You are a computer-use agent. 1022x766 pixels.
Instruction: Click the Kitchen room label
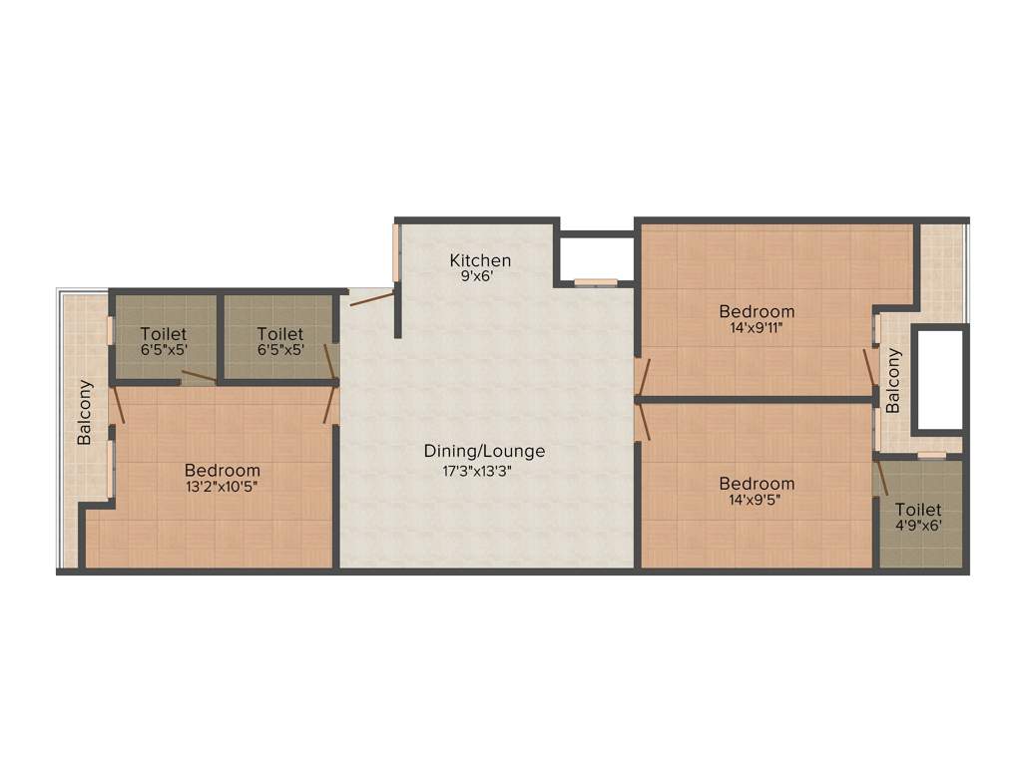tap(480, 260)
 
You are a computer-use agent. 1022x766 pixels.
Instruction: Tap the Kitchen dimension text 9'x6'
tap(480, 278)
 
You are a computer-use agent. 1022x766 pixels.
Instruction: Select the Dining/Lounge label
tap(484, 451)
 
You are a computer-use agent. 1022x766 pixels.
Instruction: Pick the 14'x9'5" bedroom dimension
tap(757, 501)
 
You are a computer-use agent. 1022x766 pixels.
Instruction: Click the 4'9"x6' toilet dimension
tap(917, 527)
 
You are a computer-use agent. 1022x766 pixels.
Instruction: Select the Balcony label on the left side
tap(86, 412)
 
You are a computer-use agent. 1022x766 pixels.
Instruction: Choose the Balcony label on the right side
tap(893, 380)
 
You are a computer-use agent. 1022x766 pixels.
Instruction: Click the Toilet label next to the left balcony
tap(163, 333)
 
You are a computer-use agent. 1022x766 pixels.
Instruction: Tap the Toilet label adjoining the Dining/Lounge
tap(279, 333)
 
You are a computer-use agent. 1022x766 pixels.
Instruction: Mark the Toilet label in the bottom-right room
tap(917, 510)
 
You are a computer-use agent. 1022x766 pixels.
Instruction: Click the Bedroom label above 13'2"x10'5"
tap(222, 470)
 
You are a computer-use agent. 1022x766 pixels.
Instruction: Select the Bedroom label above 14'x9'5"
tap(757, 484)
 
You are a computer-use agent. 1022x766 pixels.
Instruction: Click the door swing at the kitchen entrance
tap(371, 297)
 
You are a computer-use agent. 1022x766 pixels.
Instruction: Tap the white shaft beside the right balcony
tap(938, 379)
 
